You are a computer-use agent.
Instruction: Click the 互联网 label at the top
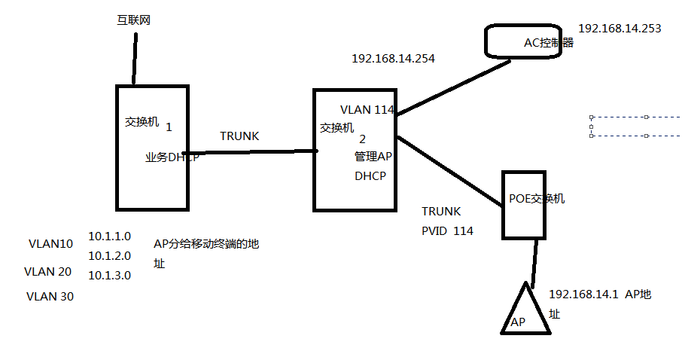click(134, 20)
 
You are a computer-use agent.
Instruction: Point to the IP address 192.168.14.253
click(620, 29)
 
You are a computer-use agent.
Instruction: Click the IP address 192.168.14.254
click(393, 57)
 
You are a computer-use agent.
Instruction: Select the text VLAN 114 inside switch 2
click(367, 109)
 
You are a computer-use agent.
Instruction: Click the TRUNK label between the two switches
click(239, 136)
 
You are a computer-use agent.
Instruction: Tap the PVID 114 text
click(447, 231)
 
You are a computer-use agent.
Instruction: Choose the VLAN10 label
click(50, 244)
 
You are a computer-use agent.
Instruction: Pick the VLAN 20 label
click(48, 271)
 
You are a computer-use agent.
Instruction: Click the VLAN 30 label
click(50, 296)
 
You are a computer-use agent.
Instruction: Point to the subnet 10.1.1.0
click(110, 236)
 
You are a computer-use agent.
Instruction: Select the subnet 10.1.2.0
click(110, 255)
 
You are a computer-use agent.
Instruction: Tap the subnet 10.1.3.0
click(110, 276)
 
